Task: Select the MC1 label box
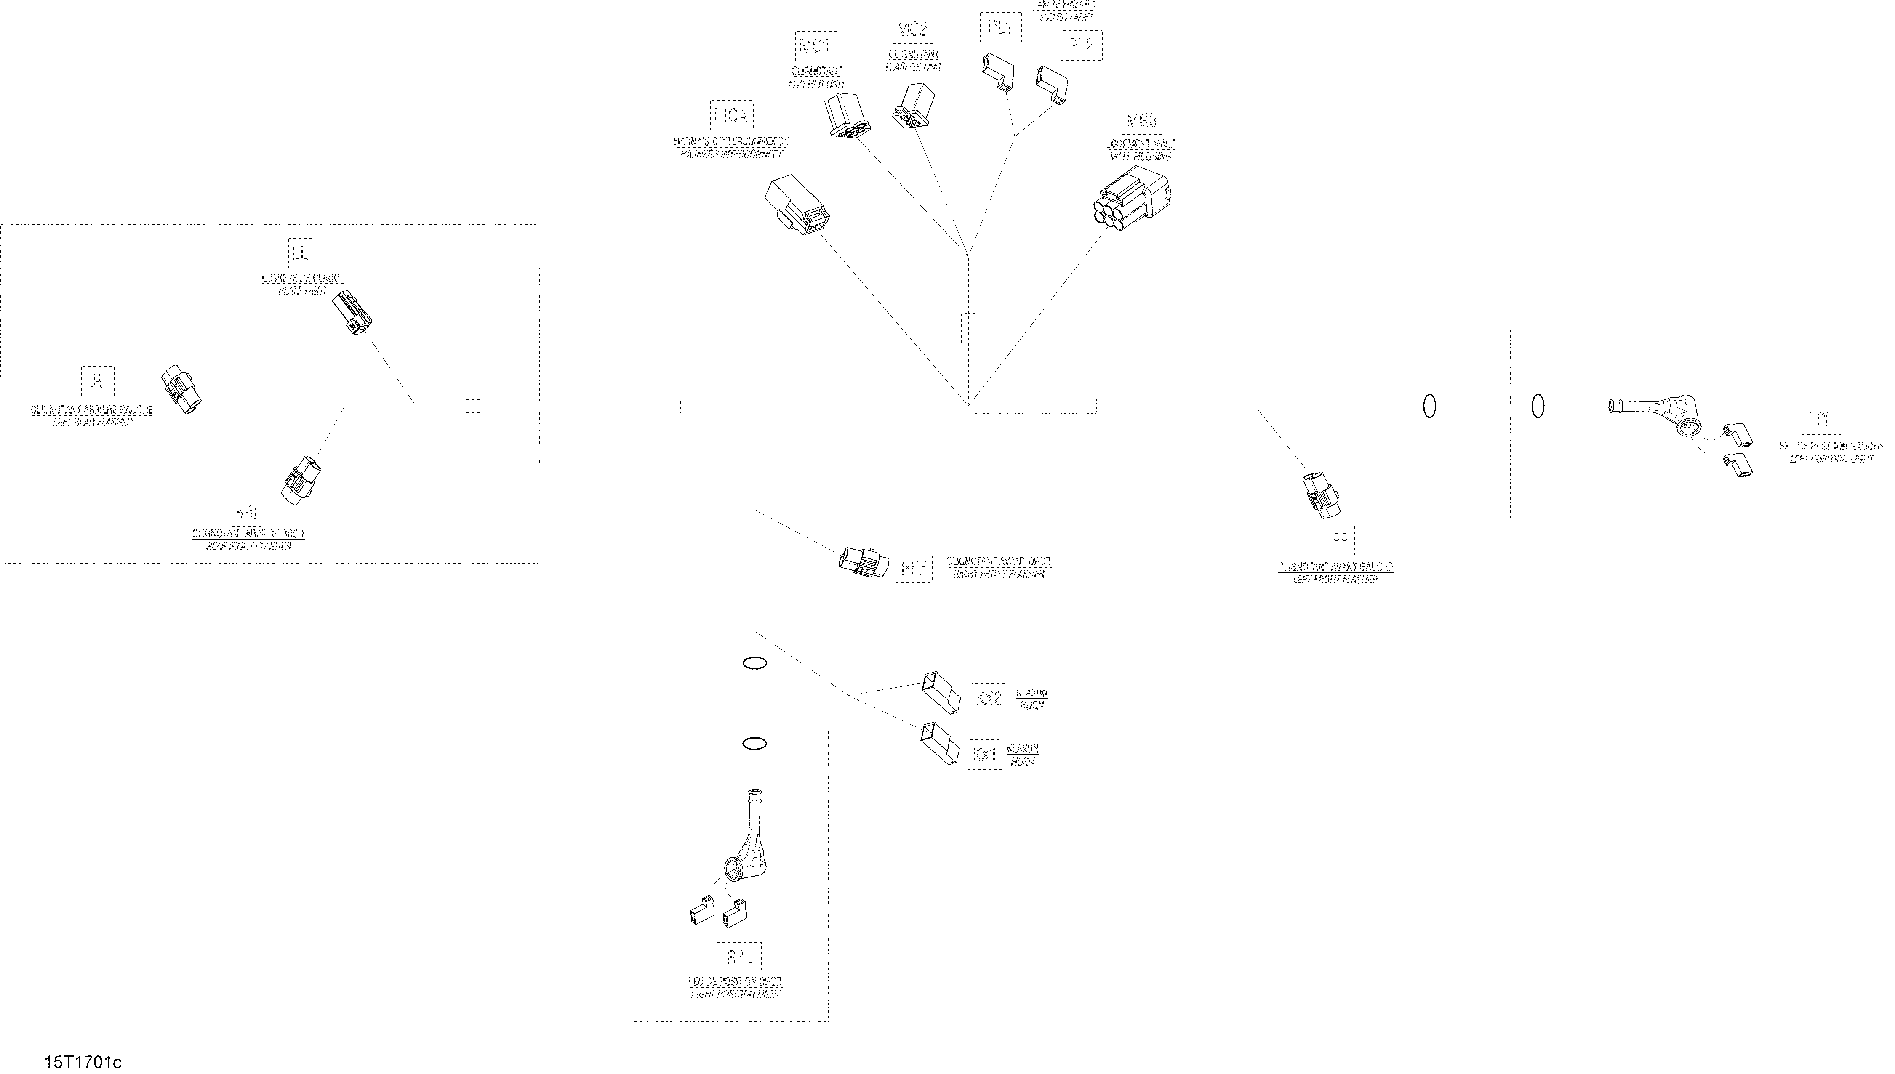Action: point(815,46)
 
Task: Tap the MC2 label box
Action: point(912,29)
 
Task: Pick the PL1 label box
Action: point(1000,28)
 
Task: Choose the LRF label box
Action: point(98,381)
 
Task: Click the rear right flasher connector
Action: point(301,480)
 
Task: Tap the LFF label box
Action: point(1335,541)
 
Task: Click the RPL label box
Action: point(738,957)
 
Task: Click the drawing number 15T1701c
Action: point(83,1062)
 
